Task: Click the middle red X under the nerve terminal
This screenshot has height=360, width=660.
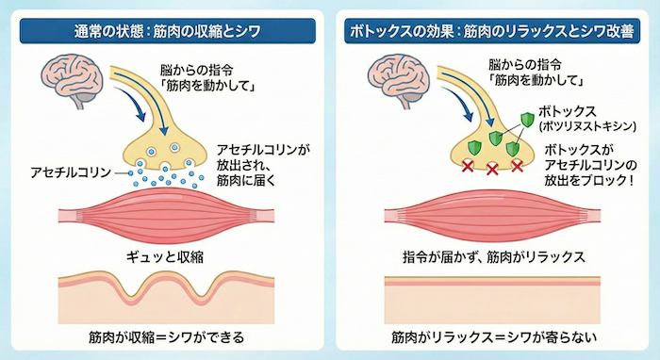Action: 492,170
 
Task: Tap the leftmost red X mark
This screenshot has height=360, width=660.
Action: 467,166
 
